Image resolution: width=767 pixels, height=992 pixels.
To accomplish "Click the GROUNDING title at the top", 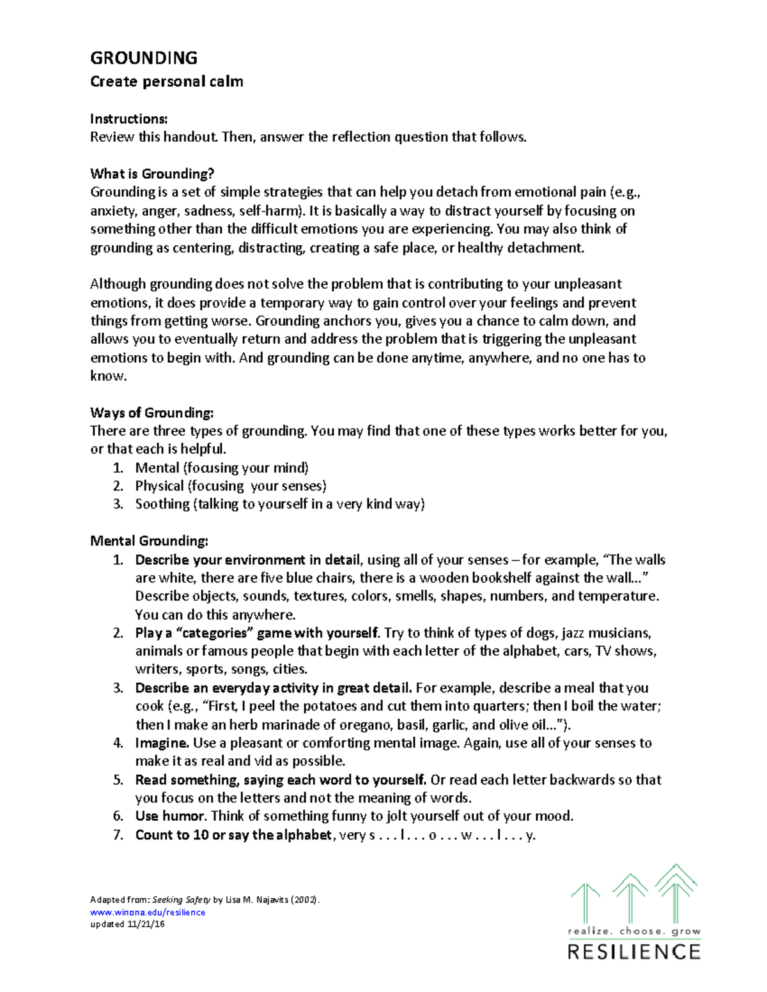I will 144,58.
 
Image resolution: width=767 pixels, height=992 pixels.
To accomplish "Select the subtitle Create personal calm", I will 166,82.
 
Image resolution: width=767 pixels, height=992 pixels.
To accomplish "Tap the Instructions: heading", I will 128,119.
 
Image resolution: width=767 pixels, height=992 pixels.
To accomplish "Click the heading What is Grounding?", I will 152,174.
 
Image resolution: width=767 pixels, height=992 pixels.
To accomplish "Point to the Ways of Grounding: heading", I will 151,413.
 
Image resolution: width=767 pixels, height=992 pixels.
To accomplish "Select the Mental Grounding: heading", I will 149,541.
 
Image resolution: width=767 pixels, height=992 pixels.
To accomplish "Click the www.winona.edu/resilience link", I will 148,912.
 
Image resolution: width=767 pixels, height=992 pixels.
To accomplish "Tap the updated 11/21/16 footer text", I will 127,924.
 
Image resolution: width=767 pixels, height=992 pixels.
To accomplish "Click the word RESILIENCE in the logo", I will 634,952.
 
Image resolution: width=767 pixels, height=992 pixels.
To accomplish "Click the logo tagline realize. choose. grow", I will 634,931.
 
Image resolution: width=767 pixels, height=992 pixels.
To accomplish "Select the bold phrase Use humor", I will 170,816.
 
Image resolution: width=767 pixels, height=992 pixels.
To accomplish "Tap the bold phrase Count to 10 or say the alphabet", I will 234,835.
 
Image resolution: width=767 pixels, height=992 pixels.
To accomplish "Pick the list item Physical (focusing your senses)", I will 230,486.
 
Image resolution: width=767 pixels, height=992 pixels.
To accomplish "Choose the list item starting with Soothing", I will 279,504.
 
